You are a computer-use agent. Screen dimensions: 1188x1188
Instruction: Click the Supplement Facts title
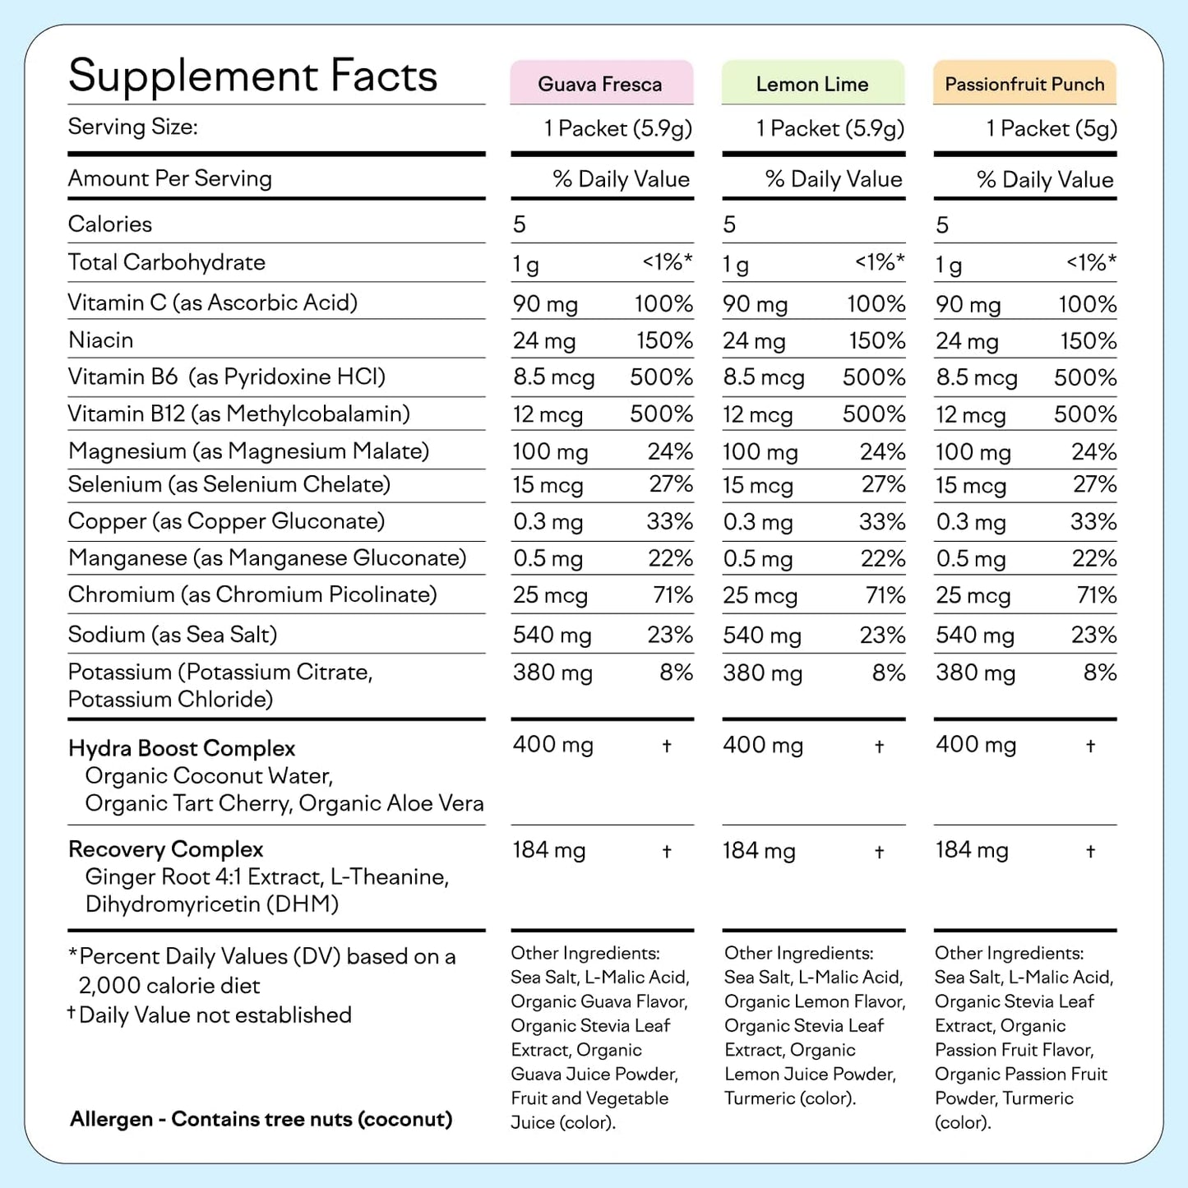252,76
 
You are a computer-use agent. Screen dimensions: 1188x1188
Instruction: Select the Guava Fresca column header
600,84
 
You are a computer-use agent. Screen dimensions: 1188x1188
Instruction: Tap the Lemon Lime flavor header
812,84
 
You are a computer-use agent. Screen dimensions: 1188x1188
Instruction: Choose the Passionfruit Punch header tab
1024,84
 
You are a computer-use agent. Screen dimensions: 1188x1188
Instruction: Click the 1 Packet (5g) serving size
1052,128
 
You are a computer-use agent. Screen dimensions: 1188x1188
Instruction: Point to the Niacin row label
100,340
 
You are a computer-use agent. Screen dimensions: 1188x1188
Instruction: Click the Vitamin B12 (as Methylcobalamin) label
238,414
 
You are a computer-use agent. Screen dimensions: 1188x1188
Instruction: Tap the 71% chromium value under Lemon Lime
885,595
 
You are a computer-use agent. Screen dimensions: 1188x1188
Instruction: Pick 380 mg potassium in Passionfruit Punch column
975,673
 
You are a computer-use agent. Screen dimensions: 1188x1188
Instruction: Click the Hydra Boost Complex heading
182,748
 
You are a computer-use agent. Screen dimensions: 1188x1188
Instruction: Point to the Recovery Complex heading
165,849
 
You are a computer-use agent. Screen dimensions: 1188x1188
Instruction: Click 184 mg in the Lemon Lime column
759,850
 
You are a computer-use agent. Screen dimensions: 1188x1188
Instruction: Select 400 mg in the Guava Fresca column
552,745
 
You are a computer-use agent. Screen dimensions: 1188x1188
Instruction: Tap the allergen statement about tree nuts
261,1119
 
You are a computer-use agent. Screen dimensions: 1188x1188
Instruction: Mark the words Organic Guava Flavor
598,1001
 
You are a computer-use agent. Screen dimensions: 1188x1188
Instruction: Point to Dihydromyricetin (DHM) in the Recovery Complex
211,904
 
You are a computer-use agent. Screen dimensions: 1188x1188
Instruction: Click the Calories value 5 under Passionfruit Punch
942,224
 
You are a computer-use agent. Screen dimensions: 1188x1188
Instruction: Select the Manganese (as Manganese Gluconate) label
267,558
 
